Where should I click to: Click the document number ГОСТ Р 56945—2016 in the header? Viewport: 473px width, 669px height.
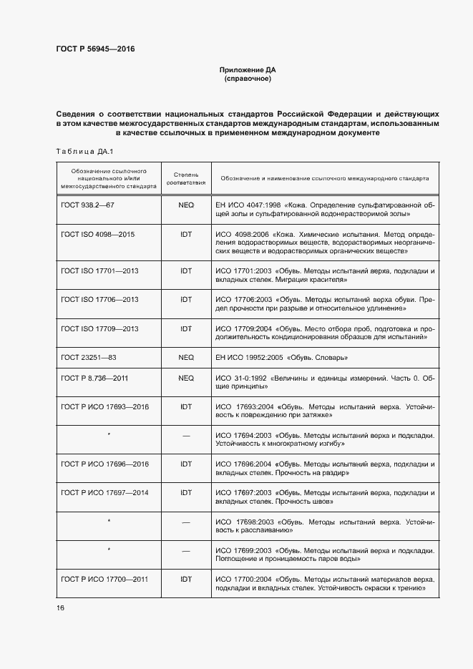95,49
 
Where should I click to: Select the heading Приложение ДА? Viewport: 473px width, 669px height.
247,69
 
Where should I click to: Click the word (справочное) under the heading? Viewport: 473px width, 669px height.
247,79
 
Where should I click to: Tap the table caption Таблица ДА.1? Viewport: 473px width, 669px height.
79,151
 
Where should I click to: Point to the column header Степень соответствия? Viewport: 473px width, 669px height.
186,177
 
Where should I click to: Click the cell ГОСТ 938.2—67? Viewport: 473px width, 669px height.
88,205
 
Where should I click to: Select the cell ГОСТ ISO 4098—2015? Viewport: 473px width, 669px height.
99,234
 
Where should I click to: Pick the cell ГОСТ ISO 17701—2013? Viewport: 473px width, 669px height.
100,271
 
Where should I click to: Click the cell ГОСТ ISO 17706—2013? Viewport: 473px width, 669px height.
100,300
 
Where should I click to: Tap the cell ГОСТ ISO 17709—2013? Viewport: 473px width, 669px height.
100,328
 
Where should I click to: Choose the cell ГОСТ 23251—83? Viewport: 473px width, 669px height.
89,356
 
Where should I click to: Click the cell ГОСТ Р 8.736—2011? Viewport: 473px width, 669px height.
95,377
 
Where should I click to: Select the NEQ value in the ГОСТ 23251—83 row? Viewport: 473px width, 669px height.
186,356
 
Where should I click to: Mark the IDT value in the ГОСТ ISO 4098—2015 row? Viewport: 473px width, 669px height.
186,234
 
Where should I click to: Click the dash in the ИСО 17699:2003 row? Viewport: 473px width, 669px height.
186,551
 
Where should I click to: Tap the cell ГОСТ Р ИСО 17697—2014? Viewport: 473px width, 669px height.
105,493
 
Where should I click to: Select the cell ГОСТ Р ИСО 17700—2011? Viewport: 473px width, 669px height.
105,579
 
